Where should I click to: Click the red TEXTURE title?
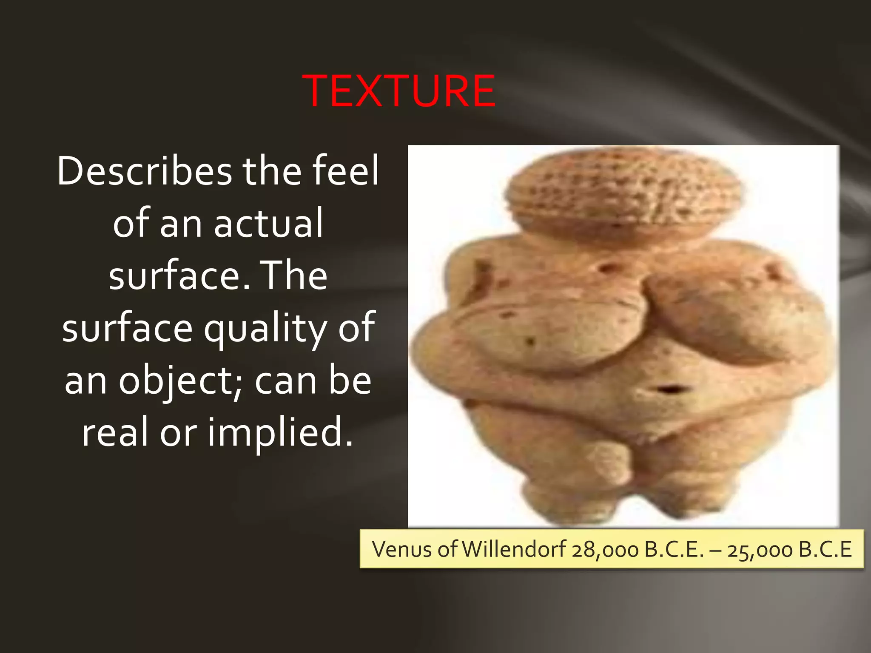tap(398, 91)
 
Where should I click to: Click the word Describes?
tap(145, 171)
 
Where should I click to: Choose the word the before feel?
tap(271, 171)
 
